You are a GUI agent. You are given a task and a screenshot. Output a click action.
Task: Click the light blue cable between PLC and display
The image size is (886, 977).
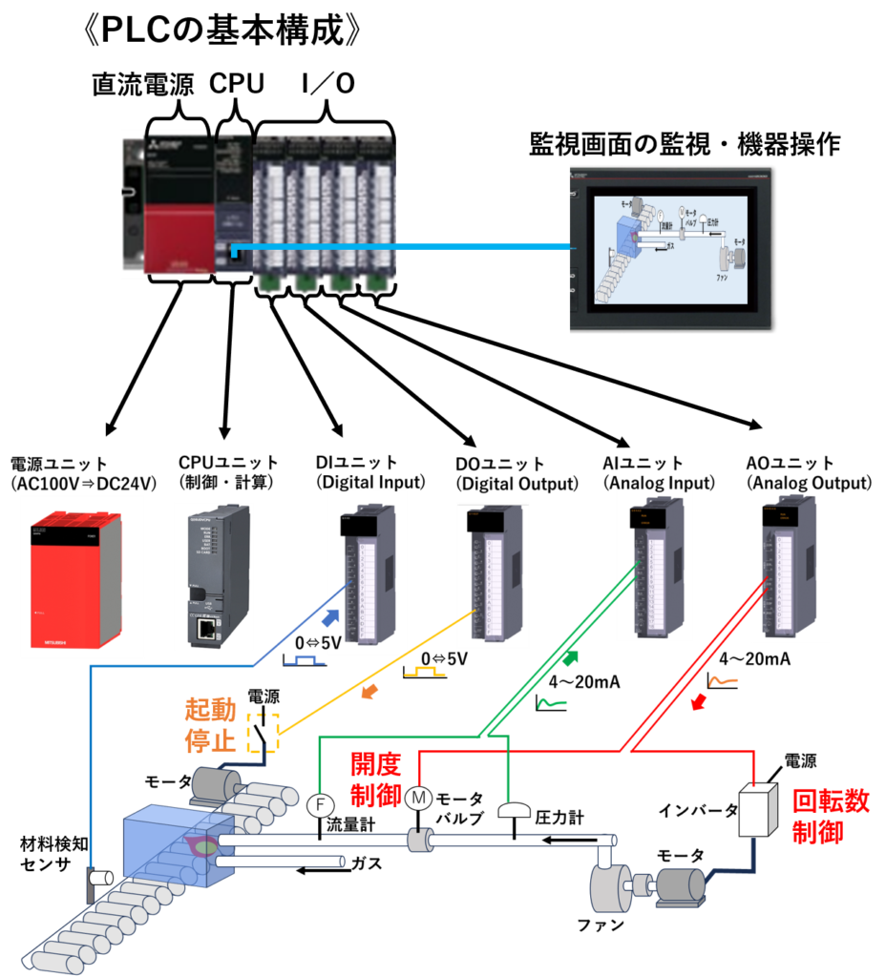(x=401, y=246)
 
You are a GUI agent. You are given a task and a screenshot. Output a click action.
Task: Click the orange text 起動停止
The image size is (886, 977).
(x=210, y=725)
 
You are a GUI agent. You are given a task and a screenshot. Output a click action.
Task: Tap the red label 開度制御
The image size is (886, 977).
(x=376, y=780)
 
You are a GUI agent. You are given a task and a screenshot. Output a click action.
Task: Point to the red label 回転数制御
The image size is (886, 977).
(x=830, y=817)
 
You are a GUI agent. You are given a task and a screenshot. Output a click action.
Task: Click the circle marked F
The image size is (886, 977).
(x=320, y=806)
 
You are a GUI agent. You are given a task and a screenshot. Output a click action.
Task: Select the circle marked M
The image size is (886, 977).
(x=418, y=798)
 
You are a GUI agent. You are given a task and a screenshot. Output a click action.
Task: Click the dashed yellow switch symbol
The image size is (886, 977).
(x=262, y=732)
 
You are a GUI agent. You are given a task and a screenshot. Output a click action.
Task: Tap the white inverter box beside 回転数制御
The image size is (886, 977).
(x=761, y=810)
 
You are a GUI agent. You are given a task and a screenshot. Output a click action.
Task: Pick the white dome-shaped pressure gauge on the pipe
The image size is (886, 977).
(x=515, y=810)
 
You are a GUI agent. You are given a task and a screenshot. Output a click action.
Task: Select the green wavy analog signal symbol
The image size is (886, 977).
(x=551, y=704)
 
